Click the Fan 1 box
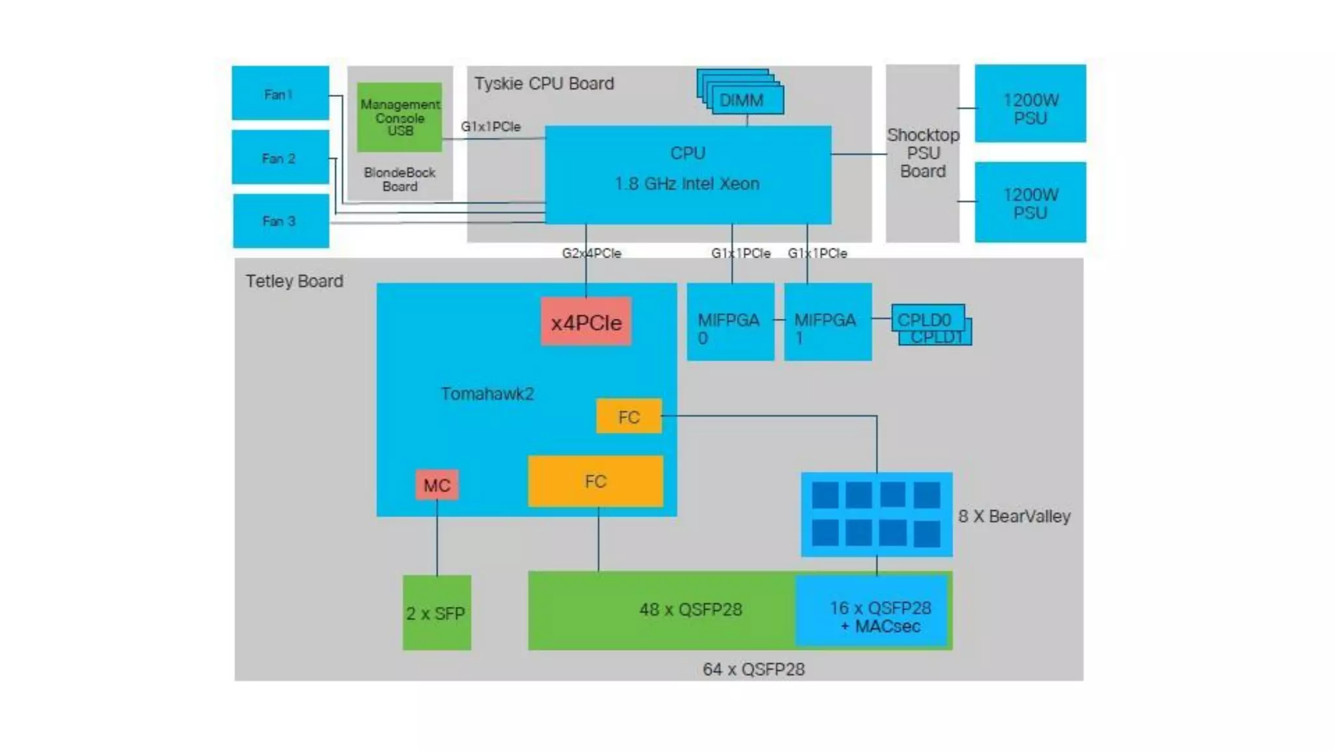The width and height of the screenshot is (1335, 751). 280,93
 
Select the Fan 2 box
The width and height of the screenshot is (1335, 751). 280,157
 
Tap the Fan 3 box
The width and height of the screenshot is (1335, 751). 280,221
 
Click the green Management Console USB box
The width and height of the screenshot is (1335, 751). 400,117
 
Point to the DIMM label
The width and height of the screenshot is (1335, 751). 741,100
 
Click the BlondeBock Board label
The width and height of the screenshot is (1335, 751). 400,179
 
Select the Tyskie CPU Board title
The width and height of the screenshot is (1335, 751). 544,83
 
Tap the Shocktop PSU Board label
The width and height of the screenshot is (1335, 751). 922,153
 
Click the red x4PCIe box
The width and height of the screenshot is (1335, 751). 586,322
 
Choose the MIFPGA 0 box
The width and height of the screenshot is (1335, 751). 730,322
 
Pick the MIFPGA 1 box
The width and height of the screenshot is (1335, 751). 827,322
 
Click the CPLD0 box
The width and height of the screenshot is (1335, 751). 926,318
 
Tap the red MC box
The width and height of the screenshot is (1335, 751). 437,485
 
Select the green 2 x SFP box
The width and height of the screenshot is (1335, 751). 436,613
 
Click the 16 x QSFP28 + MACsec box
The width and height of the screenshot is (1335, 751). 879,617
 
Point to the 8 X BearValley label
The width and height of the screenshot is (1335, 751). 1014,516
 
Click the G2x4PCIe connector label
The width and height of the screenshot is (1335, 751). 591,253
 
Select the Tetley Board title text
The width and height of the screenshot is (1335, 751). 294,281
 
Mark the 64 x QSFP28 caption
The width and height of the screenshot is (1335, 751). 754,670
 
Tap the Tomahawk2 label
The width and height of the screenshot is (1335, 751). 487,394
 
